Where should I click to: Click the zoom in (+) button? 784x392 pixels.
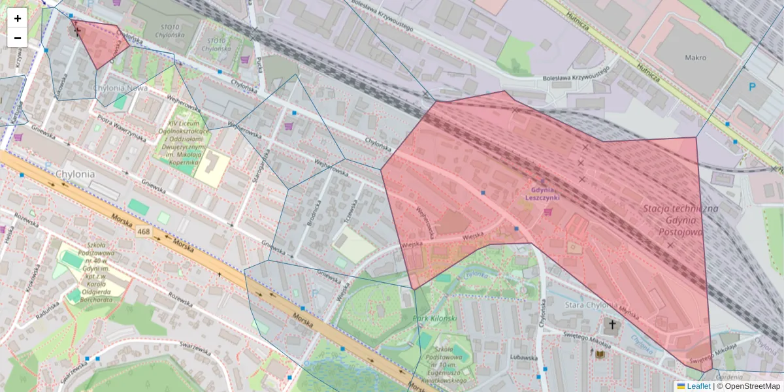[x=18, y=18]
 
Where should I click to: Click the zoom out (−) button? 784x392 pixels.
[x=18, y=38]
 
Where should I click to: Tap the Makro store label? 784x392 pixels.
[x=695, y=57]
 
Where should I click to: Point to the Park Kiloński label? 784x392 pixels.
[x=435, y=318]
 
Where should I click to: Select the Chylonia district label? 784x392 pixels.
[x=75, y=174]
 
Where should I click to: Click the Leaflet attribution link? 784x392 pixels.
[x=698, y=386]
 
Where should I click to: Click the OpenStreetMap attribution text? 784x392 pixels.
[x=748, y=386]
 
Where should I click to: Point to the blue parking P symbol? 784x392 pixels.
[x=751, y=87]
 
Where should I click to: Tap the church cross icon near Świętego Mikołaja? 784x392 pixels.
[x=612, y=324]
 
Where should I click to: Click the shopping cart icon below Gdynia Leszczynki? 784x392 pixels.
[x=547, y=212]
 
